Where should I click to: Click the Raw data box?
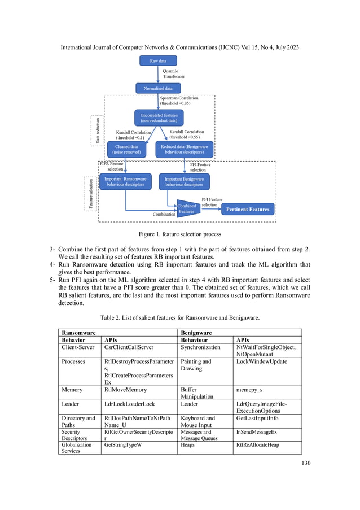[x=157, y=60]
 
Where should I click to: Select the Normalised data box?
[x=157, y=88]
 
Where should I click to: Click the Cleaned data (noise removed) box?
[x=126, y=149]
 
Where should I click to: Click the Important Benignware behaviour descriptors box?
[x=185, y=181]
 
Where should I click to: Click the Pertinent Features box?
[x=248, y=210]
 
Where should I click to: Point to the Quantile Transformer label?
[x=174, y=74]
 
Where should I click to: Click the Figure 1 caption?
[x=179, y=234]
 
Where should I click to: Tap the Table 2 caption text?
[x=179, y=317]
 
